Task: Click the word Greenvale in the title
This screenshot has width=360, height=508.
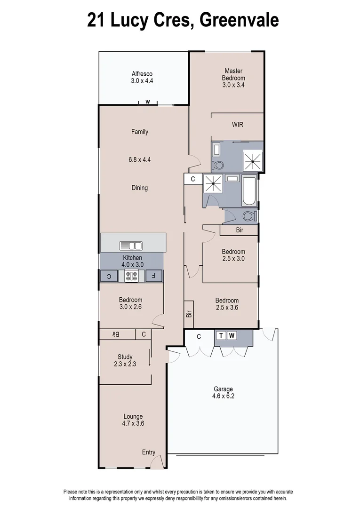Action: pos(239,20)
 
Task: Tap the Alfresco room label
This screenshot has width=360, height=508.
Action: pos(142,77)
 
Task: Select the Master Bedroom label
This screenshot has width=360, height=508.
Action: pos(233,78)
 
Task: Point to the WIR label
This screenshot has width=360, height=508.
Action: pos(237,125)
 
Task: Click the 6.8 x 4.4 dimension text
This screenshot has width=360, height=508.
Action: pos(140,159)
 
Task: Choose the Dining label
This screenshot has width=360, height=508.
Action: pos(140,188)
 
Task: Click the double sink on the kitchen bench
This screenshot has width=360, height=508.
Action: pos(131,245)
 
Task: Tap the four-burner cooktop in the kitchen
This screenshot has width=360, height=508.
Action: pos(131,276)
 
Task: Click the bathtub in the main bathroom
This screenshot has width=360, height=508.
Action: pos(249,191)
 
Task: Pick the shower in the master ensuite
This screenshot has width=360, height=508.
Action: pos(253,161)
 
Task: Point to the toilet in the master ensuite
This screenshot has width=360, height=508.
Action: pos(218,165)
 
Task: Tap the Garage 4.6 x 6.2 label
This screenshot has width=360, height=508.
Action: pos(224,393)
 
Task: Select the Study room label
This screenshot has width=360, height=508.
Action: pos(125,360)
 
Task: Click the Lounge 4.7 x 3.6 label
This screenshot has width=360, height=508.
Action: pos(133,420)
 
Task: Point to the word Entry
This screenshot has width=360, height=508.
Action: pos(149,452)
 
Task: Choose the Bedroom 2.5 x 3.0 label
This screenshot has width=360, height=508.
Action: pos(233,255)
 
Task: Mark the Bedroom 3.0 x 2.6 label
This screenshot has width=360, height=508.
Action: pos(130,303)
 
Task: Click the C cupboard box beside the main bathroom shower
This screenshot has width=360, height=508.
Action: pos(193,179)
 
